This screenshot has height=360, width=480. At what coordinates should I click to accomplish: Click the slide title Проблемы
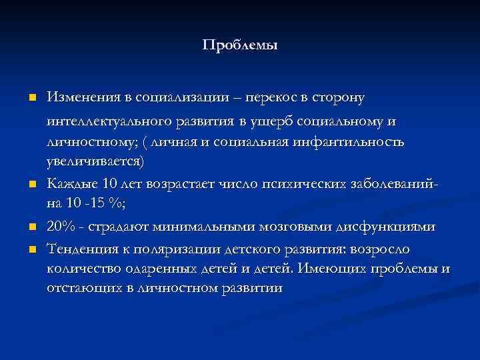pyautogui.click(x=239, y=45)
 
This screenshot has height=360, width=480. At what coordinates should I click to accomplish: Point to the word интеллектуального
pyautogui.click(x=113, y=123)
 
